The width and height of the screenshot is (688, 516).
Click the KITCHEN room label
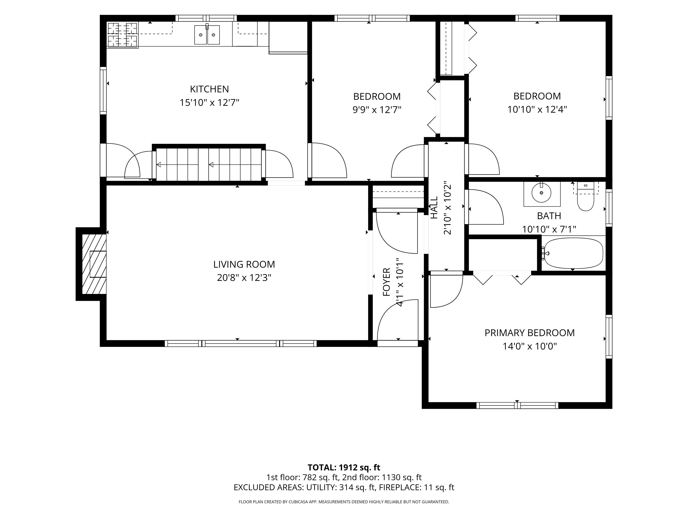click(209, 89)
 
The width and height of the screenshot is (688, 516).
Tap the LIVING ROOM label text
click(244, 264)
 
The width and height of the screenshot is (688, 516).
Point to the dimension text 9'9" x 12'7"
click(377, 110)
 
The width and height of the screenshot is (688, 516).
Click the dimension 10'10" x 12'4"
click(537, 110)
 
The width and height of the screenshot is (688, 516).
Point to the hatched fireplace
click(94, 264)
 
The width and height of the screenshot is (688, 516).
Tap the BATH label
click(549, 216)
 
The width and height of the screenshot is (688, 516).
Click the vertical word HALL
click(434, 207)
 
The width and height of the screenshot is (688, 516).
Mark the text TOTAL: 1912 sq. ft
click(344, 476)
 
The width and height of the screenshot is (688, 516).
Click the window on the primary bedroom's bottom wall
click(517, 406)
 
